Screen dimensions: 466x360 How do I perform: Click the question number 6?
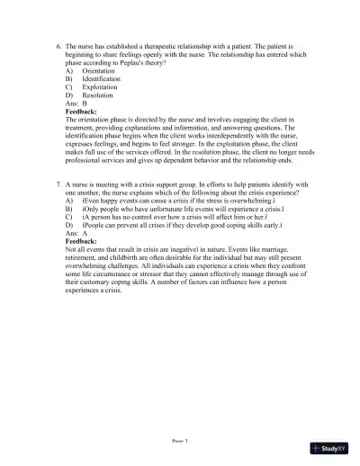(57, 42)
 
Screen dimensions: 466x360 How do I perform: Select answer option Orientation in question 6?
(98, 70)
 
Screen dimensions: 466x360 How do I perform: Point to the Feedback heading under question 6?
(82, 112)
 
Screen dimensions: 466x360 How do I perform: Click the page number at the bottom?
(179, 442)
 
